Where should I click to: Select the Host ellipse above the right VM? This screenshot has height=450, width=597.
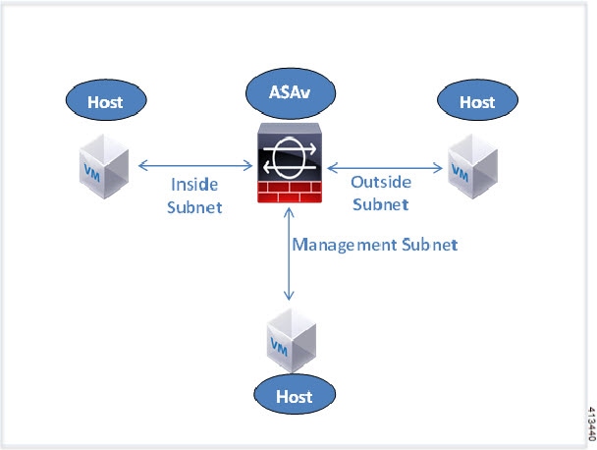pos(477,101)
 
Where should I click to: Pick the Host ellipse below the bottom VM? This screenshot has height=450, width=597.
pos(295,396)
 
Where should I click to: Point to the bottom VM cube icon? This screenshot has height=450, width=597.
pos(290,336)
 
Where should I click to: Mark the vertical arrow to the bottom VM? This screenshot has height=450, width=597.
pos(289,256)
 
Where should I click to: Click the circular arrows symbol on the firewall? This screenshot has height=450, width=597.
pos(290,156)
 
